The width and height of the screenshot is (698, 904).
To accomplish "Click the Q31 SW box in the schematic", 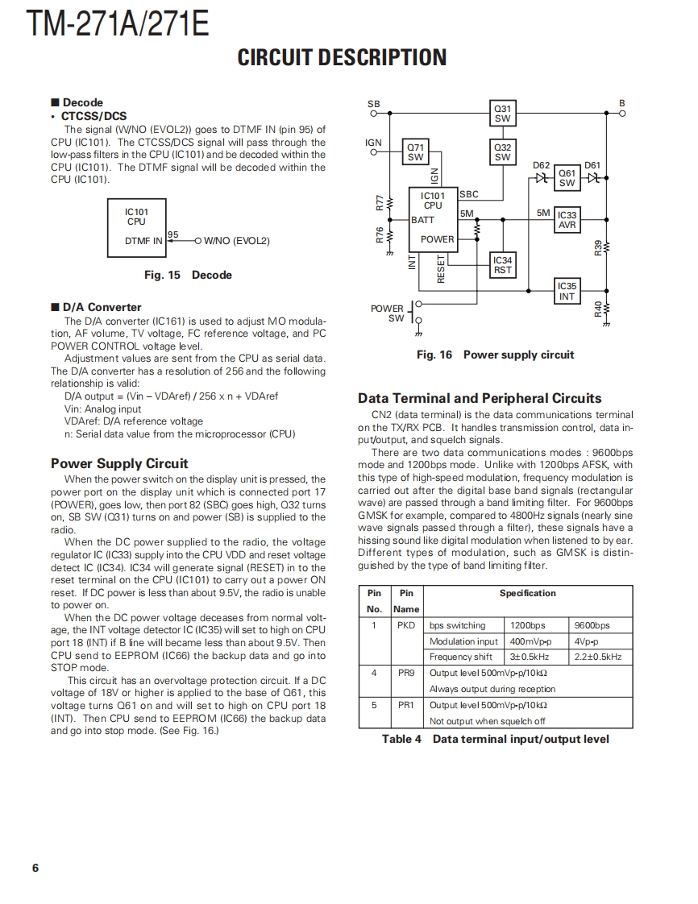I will click(x=502, y=114).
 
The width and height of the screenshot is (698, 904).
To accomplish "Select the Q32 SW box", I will click(x=502, y=151).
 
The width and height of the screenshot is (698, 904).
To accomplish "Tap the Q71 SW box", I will click(x=415, y=151).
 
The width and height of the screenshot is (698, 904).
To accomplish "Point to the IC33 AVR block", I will click(x=567, y=220).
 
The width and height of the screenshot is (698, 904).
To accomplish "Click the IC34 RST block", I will click(x=502, y=265).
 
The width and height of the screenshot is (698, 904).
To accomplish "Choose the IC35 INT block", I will click(x=567, y=291).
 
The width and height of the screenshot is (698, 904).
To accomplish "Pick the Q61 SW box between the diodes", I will click(x=567, y=178).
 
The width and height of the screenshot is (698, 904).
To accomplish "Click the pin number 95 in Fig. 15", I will click(x=172, y=234).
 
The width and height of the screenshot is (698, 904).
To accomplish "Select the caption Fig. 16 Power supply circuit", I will click(x=495, y=355).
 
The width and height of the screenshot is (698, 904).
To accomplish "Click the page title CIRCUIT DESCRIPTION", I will click(x=342, y=58).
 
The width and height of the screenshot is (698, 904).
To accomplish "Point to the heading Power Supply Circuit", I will click(x=119, y=463).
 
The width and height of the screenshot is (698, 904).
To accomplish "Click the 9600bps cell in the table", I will click(x=592, y=625).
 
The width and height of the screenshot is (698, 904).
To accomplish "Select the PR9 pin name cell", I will click(x=406, y=672).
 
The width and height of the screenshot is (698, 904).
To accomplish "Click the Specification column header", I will click(x=527, y=593).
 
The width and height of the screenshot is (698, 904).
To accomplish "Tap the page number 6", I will click(x=35, y=868).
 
